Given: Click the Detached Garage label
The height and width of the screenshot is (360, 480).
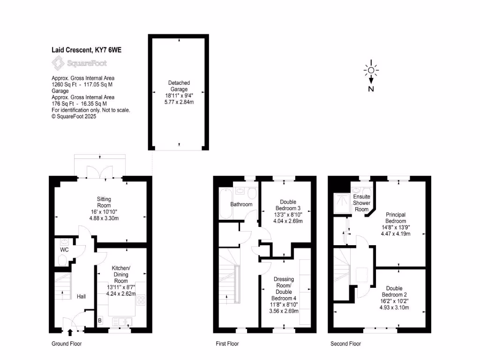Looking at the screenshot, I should pyautogui.click(x=179, y=86).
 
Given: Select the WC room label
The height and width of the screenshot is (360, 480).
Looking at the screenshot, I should pyautogui.click(x=64, y=250).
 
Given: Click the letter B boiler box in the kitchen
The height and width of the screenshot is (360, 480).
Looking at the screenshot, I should pyautogui.click(x=100, y=321).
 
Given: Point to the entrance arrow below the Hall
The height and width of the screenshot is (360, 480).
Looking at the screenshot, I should pyautogui.click(x=70, y=333).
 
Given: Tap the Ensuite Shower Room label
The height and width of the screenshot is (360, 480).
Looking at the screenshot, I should pyautogui.click(x=361, y=202).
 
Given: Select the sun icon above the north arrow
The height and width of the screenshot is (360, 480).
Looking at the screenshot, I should pyautogui.click(x=371, y=70).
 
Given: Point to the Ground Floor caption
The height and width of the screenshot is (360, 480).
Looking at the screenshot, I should pyautogui.click(x=67, y=344).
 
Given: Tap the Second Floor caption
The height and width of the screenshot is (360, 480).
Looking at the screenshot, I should pyautogui.click(x=345, y=344).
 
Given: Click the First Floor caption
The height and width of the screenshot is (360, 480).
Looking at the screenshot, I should pyautogui.click(x=227, y=344).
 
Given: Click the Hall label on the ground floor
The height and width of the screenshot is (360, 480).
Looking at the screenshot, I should pyautogui.click(x=81, y=297).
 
